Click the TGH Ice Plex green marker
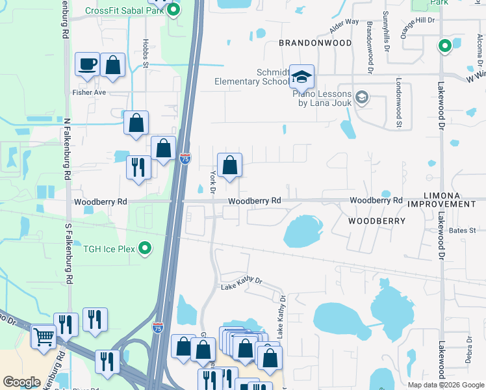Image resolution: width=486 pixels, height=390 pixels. point(146,248)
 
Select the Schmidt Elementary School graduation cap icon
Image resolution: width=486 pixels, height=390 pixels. point(301,77)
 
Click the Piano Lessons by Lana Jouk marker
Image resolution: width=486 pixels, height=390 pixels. point(362,98)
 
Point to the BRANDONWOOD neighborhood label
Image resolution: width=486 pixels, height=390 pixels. point(315,43)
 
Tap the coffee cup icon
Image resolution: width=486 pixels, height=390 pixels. point(87,64)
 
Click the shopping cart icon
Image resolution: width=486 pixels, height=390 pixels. point(44,337)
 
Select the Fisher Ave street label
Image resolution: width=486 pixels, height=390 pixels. point(88,92)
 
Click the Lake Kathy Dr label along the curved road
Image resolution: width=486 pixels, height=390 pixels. point(241,283)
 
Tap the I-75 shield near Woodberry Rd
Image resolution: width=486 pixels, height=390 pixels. point(185,158)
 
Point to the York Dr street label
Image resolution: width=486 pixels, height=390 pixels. point(212,182)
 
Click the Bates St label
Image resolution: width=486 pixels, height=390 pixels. point(462,230)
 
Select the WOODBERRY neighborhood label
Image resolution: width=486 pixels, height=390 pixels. point(377,221)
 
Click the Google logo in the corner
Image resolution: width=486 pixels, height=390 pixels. point(21,382)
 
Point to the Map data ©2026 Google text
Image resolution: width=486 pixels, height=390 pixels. point(445,385)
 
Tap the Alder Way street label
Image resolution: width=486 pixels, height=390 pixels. point(344,27)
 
